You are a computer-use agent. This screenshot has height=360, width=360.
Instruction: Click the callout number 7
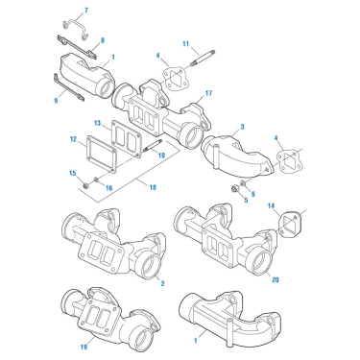coord(84,10)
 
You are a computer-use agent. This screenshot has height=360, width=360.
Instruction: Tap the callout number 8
coord(103,38)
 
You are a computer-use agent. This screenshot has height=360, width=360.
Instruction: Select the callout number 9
coord(58,97)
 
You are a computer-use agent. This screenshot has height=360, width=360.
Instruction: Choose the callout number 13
coord(97,123)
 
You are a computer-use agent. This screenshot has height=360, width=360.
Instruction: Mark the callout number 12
coord(72,140)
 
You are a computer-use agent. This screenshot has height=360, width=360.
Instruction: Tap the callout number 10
coord(162,154)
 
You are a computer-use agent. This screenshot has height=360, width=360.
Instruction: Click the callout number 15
coord(71,172)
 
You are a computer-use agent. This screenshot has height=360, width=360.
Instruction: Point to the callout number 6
coord(252,193)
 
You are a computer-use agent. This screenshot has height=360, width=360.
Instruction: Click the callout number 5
coord(244,201)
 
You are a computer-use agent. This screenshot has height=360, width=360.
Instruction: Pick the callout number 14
coord(271,205)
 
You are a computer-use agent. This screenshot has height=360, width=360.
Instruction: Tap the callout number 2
coord(163,283)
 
